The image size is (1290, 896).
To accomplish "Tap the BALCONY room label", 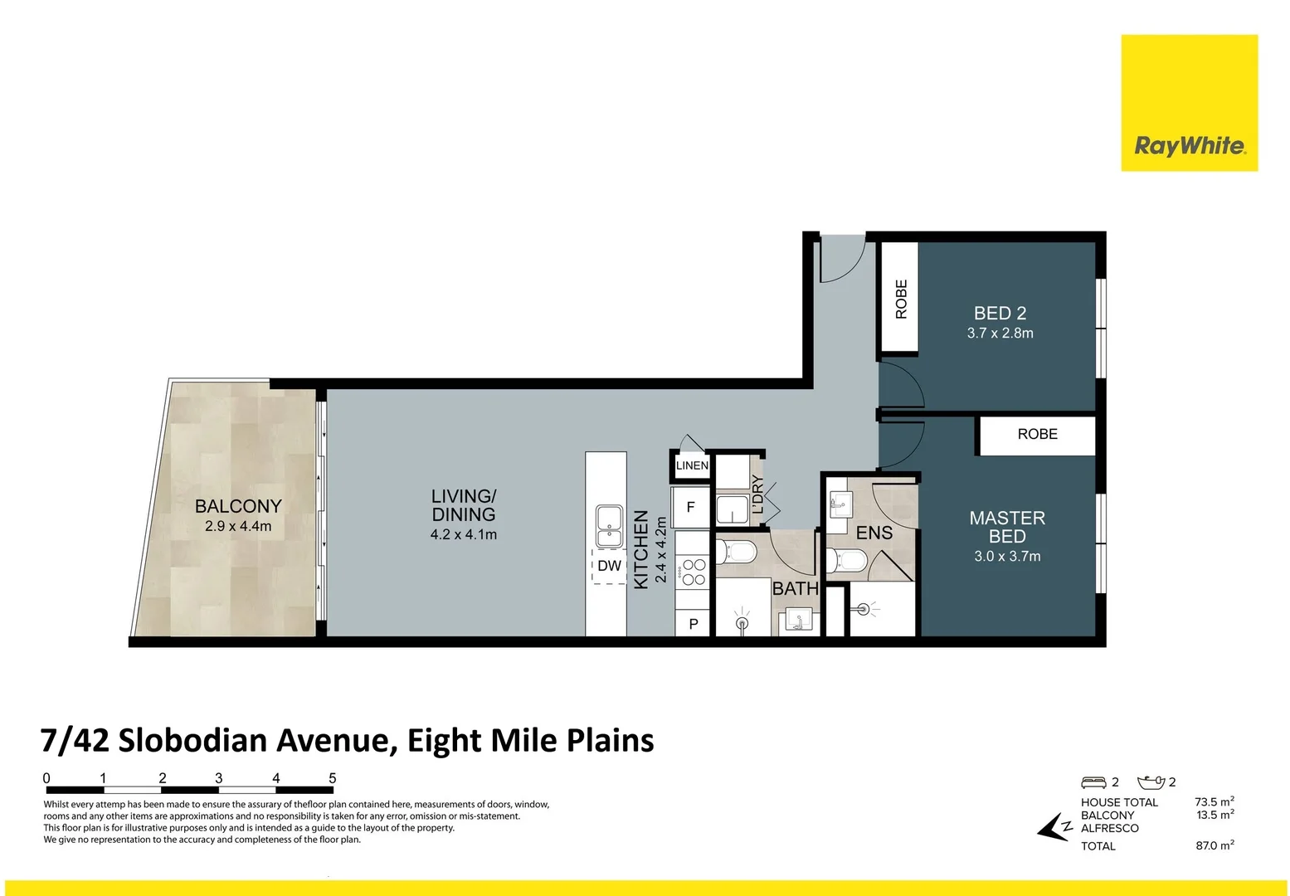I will pos(238,506).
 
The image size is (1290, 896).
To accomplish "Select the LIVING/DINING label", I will pos(463,505).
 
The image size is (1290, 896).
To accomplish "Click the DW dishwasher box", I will pos(609,566).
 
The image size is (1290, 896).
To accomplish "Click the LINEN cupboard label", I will pos(692,465).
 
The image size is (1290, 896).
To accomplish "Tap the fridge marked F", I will pos(690,507).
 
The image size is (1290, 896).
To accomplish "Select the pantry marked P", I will pos(694,624).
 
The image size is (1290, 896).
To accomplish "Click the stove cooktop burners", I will pos(694,572).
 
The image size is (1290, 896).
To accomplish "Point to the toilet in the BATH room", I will pos(737,552).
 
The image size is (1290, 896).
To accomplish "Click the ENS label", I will pos(874,533).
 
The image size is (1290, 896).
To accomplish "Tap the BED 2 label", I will pos(1000,314).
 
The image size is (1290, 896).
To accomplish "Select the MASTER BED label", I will pos(1007,527).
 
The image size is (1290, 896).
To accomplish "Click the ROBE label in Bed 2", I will pos(901,299).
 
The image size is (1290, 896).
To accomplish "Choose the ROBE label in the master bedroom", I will pos(1037,434).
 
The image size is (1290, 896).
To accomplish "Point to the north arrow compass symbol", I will pos(1054,827).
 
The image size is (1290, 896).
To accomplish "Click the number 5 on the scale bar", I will pos(333,778).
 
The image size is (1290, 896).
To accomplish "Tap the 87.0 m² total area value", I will pos(1214,846).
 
